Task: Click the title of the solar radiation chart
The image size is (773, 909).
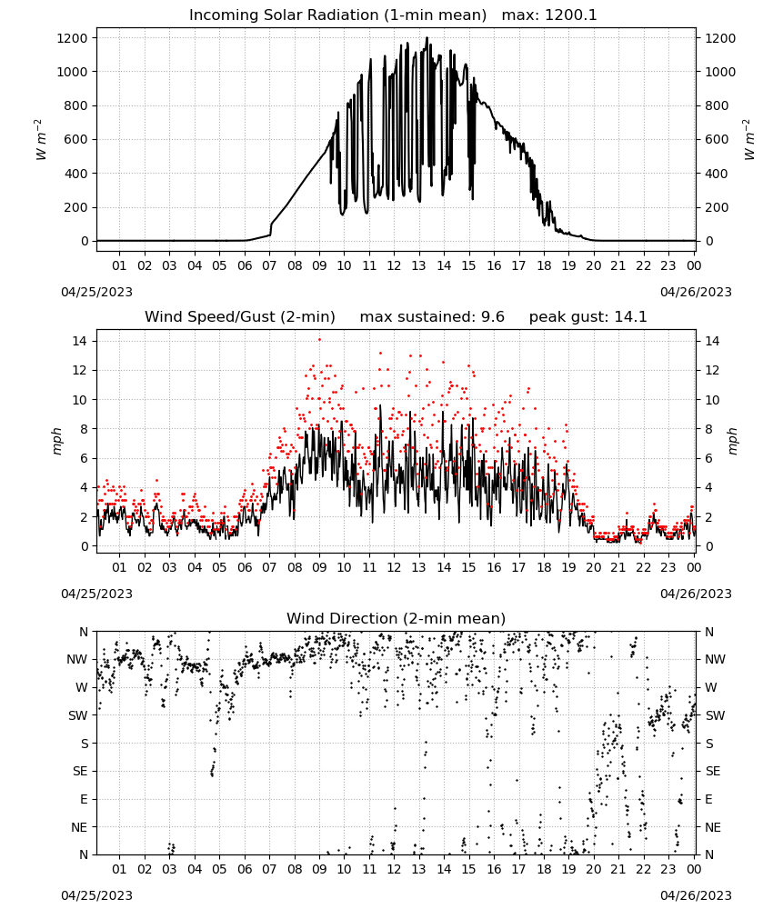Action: [337, 15]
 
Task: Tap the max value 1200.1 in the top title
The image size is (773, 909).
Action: [570, 15]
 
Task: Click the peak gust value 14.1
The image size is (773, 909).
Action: [630, 317]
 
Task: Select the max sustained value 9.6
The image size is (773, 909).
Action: [492, 317]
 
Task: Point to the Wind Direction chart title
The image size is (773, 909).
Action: [397, 618]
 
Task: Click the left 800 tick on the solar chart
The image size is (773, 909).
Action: [75, 105]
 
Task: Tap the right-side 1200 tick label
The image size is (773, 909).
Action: [720, 38]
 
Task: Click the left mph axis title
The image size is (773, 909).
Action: [56, 441]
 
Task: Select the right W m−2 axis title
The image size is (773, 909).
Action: [748, 139]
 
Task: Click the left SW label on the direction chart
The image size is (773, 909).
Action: [78, 715]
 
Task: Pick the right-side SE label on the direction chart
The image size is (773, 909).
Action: [713, 771]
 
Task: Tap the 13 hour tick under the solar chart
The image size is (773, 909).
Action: [418, 265]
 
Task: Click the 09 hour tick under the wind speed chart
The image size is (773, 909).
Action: [319, 567]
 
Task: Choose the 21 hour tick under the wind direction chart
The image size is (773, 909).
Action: [618, 869]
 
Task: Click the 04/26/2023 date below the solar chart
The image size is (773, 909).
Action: [696, 292]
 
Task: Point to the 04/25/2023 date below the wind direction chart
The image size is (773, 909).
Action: [96, 895]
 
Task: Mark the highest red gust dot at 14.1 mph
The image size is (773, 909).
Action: [319, 340]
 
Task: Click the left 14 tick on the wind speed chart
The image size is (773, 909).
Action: [80, 341]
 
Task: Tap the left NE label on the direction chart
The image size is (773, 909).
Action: [79, 827]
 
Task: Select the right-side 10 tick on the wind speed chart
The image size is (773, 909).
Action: [712, 400]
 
